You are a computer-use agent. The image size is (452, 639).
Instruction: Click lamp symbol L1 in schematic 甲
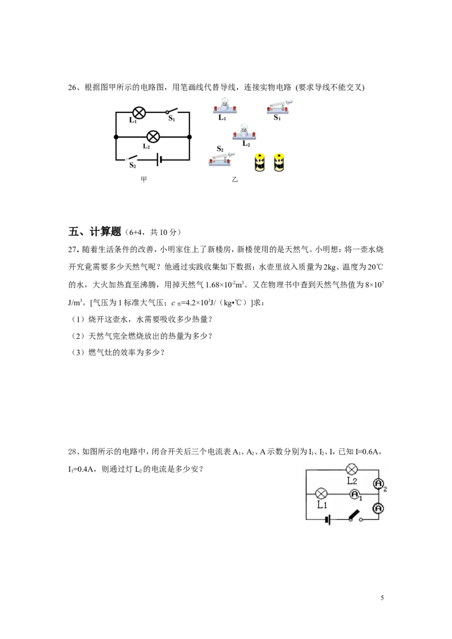(139, 112)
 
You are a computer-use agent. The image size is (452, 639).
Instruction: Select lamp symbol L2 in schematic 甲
(153, 137)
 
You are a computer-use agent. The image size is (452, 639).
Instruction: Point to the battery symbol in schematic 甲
(158, 160)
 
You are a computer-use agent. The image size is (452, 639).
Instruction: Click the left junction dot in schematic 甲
(116, 137)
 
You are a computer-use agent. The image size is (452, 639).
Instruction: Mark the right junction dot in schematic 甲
(190, 137)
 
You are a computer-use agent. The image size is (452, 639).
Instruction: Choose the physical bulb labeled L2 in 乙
(244, 131)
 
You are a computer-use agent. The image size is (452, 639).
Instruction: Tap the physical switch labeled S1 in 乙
(280, 106)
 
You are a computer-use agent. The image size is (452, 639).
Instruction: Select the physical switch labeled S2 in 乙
(221, 160)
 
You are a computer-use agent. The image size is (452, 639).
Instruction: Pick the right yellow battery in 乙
(279, 162)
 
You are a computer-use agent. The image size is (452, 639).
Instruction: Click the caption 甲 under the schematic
(144, 180)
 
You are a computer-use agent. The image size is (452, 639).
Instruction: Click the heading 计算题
(105, 231)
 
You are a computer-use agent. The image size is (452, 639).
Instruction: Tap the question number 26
(72, 87)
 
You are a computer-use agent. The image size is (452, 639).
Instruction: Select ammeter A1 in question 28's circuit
(354, 494)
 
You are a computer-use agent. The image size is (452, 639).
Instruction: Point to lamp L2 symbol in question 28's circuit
(351, 469)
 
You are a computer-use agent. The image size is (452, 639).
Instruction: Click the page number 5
(383, 598)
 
